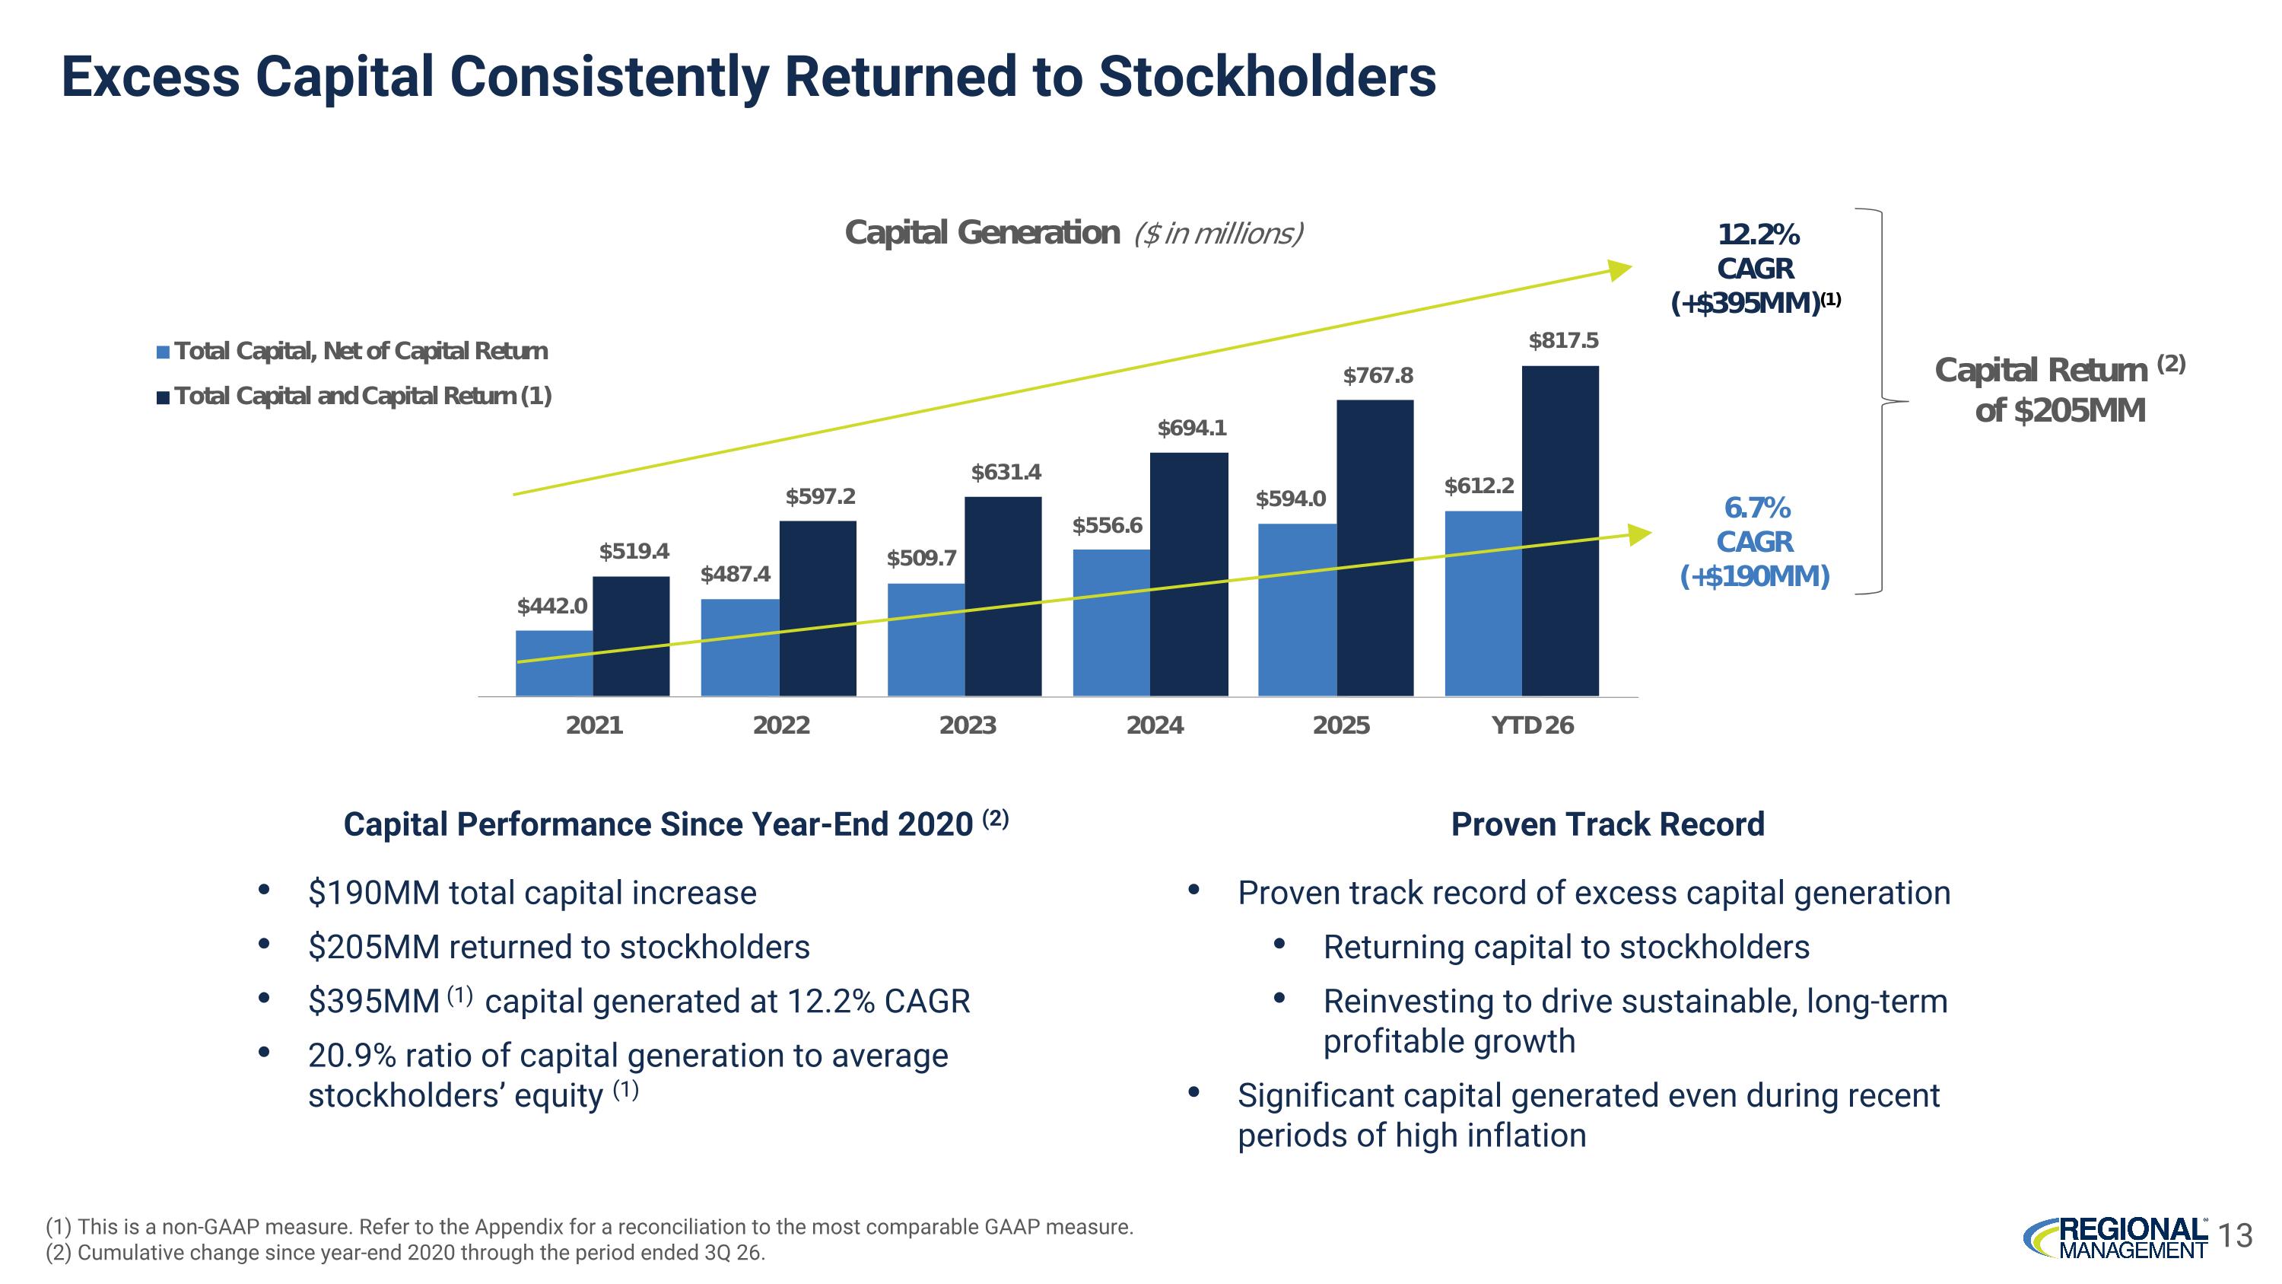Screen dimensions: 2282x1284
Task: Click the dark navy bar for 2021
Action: click(x=631, y=636)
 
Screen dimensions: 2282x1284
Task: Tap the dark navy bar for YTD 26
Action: click(x=1560, y=530)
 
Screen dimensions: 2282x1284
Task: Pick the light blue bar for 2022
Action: click(x=739, y=648)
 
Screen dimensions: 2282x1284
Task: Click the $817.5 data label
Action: click(x=1564, y=340)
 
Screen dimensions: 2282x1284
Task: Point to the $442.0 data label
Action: click(x=552, y=606)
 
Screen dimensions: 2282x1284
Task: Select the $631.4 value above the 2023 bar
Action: click(x=1006, y=473)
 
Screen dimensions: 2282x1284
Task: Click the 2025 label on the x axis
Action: click(x=1341, y=726)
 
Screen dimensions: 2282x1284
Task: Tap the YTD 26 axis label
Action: click(x=1533, y=726)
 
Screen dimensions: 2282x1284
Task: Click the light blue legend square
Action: click(x=163, y=352)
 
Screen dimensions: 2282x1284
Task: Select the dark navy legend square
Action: click(x=163, y=397)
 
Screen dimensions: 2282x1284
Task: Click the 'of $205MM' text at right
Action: click(x=2061, y=410)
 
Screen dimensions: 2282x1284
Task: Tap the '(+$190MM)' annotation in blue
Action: click(x=1755, y=576)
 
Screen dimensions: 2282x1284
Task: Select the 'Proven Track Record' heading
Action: click(x=1608, y=824)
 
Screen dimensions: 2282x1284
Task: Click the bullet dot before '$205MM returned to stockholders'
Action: click(x=263, y=945)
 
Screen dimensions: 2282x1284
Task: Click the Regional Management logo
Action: click(x=2115, y=1237)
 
